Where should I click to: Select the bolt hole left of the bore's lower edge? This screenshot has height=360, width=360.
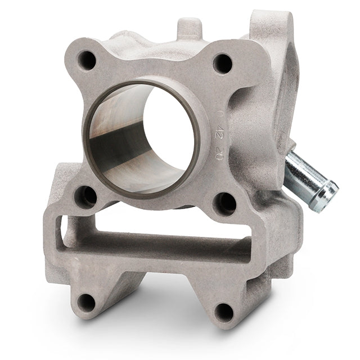86,196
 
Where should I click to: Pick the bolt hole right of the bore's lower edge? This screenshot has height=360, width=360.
226,202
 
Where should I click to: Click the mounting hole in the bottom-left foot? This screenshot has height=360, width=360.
86,302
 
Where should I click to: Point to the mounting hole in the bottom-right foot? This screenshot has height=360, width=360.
224,311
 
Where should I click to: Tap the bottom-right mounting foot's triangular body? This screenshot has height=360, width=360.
225,292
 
